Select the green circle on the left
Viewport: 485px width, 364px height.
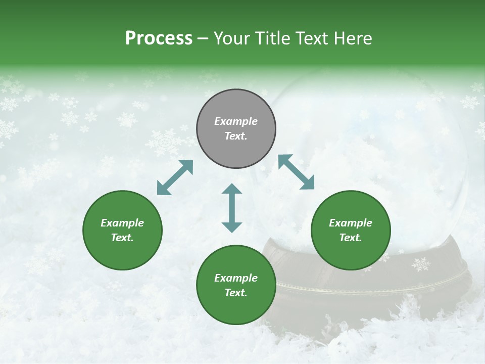[122, 230]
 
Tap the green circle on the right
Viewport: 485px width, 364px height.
[351, 230]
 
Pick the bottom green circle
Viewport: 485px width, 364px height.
[236, 285]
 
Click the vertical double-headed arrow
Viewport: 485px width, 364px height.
[232, 208]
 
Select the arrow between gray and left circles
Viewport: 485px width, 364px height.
[175, 177]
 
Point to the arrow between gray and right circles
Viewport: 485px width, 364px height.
[296, 172]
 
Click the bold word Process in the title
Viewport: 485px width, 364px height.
[159, 38]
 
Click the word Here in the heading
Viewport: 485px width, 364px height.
[353, 38]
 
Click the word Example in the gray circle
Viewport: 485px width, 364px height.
[236, 121]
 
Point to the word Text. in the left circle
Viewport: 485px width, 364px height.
[122, 238]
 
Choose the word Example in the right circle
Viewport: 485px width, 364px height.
[351, 223]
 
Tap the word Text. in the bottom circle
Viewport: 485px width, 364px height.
[236, 293]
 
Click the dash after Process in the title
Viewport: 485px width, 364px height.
[203, 38]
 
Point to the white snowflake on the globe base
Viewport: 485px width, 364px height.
[421, 264]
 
